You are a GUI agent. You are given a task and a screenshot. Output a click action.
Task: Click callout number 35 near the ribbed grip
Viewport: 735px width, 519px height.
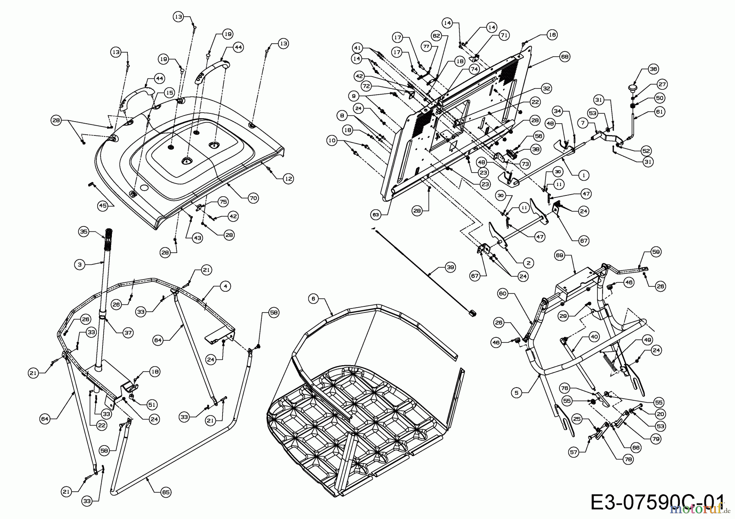pos(84,232)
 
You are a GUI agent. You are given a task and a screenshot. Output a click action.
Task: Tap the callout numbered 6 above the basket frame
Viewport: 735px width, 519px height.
pos(313,299)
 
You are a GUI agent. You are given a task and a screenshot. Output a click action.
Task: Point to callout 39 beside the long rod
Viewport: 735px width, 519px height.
pos(450,268)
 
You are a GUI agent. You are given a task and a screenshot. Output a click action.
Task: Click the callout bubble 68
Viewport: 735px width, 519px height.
pos(565,57)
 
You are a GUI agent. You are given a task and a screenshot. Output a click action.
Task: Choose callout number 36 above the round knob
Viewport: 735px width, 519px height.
pos(653,69)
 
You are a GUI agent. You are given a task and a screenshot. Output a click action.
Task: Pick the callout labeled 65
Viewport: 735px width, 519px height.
pos(165,492)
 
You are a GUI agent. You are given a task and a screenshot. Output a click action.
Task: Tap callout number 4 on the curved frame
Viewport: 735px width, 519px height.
pos(225,287)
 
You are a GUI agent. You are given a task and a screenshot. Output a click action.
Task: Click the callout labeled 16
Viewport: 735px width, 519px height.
pos(552,35)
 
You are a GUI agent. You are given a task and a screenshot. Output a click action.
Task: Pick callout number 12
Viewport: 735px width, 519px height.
pos(288,178)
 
